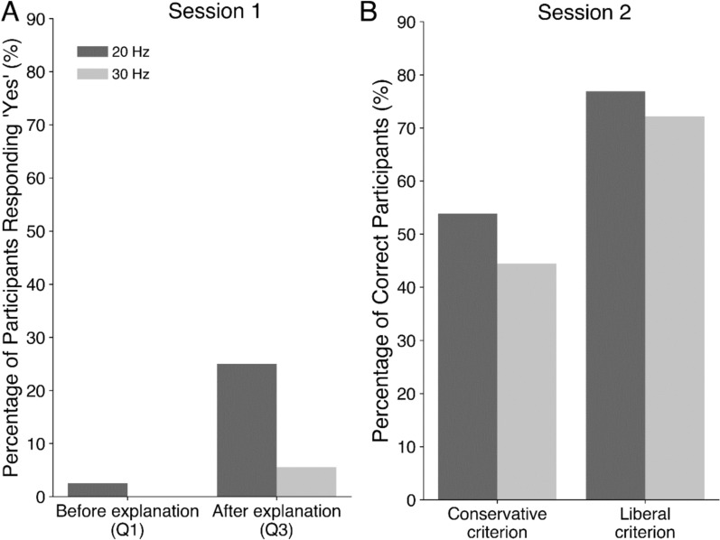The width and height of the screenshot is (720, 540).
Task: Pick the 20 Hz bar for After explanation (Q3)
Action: [247, 430]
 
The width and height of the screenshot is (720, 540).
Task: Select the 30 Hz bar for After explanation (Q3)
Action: [306, 481]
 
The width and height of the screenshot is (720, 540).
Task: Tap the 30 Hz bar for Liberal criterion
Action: [674, 307]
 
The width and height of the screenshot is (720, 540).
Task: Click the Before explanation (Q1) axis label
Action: [126, 519]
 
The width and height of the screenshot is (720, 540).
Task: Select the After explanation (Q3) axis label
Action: [276, 519]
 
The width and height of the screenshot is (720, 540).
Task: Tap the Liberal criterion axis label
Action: [644, 520]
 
